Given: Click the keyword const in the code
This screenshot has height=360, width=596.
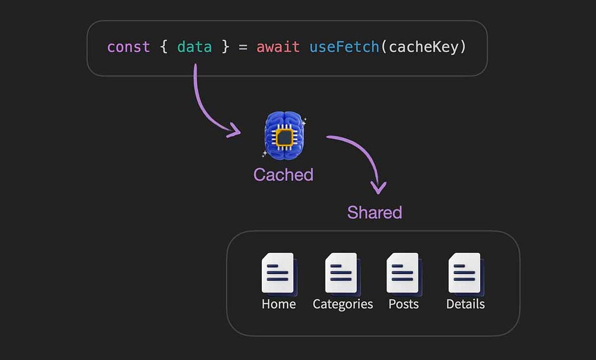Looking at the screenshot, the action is tap(129, 47).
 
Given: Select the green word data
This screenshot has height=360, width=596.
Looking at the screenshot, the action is tap(194, 47).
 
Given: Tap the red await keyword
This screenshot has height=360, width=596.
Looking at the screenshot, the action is tap(278, 47).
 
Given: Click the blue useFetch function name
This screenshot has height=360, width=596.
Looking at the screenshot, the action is tap(344, 47).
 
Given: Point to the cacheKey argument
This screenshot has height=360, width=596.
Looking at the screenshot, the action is tap(424, 47).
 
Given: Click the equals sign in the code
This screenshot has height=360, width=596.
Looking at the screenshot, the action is tap(243, 48).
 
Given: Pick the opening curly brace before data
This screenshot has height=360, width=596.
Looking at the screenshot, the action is tap(164, 47).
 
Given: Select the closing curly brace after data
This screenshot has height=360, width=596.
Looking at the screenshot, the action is tap(226, 47).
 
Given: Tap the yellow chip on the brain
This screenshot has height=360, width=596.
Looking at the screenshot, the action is tap(285, 137).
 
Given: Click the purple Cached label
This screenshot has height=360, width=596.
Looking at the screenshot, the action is tap(283, 174).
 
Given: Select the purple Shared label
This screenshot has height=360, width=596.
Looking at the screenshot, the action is tap(375, 212).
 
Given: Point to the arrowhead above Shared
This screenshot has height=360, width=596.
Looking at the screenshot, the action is tap(378, 188).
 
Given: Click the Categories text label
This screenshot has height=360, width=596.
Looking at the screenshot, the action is tap(343, 304).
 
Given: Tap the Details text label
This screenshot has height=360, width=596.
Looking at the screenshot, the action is tap(466, 304).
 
